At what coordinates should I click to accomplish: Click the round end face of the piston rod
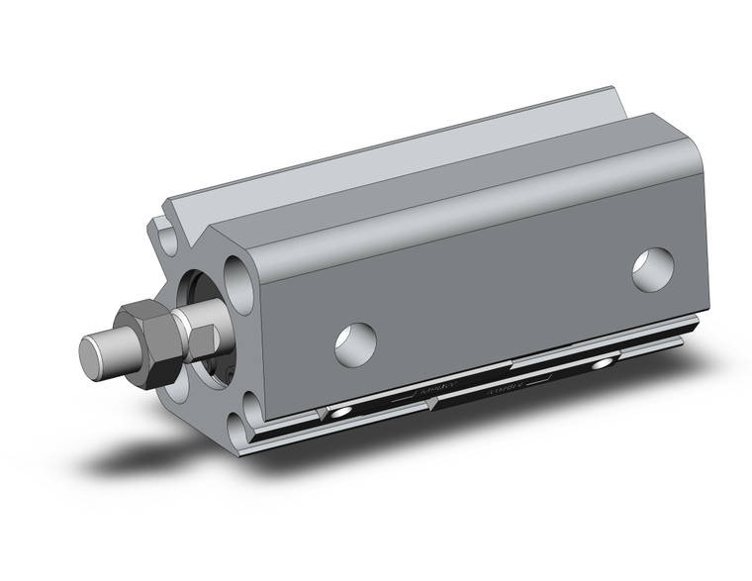96,353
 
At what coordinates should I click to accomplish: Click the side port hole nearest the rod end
355,342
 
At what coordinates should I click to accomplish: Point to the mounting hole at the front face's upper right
237,272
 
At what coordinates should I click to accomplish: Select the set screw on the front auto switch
340,410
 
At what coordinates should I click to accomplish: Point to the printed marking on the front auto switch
411,392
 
